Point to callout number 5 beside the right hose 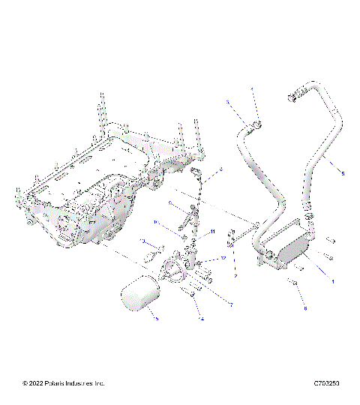tap(343, 174)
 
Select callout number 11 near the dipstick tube tap(212, 232)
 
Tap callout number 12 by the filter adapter tap(223, 258)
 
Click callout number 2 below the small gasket tap(235, 276)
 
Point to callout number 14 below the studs tap(201, 319)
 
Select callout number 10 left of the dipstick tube tap(155, 223)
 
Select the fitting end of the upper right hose tap(292, 96)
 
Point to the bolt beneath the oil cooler tap(295, 284)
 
